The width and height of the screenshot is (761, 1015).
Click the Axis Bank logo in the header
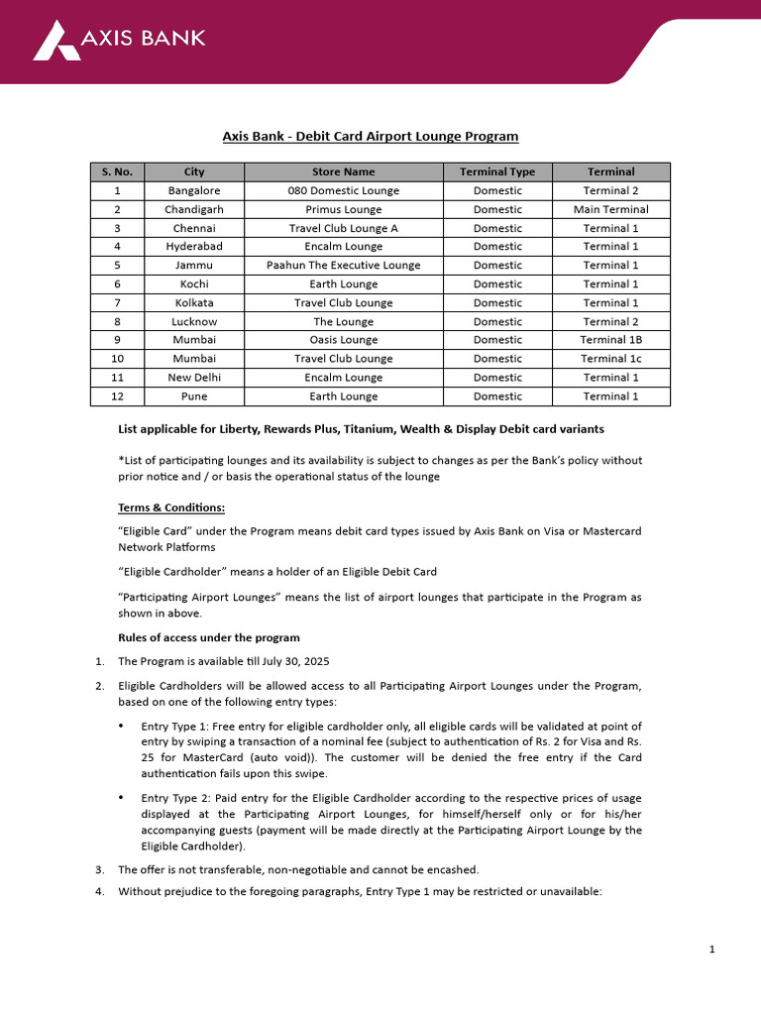tap(119, 40)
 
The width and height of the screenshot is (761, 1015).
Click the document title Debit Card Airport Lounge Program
tap(369, 136)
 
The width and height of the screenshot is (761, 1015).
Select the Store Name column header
tap(343, 171)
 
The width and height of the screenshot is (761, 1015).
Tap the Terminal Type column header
tap(496, 171)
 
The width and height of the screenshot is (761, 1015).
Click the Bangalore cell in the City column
tap(194, 190)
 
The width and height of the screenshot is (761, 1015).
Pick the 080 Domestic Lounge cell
tap(343, 190)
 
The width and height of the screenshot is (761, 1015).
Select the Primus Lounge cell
tap(343, 209)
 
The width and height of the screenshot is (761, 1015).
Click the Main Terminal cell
tap(610, 209)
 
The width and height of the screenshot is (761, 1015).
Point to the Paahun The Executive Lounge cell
tap(343, 265)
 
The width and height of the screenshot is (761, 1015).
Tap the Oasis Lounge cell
tap(343, 340)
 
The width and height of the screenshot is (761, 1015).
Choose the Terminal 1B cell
tap(610, 340)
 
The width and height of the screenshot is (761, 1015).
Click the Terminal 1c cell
tap(610, 359)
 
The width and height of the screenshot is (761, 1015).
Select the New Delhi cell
tap(194, 378)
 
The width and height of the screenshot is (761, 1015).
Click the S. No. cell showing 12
tap(117, 396)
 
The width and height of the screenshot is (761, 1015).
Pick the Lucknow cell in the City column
tap(194, 321)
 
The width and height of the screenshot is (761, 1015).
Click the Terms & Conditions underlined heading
tap(171, 508)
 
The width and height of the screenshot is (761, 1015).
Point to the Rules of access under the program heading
tap(208, 637)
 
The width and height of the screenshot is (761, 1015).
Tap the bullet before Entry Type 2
tap(121, 797)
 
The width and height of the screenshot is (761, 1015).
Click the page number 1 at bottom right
tap(711, 950)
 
